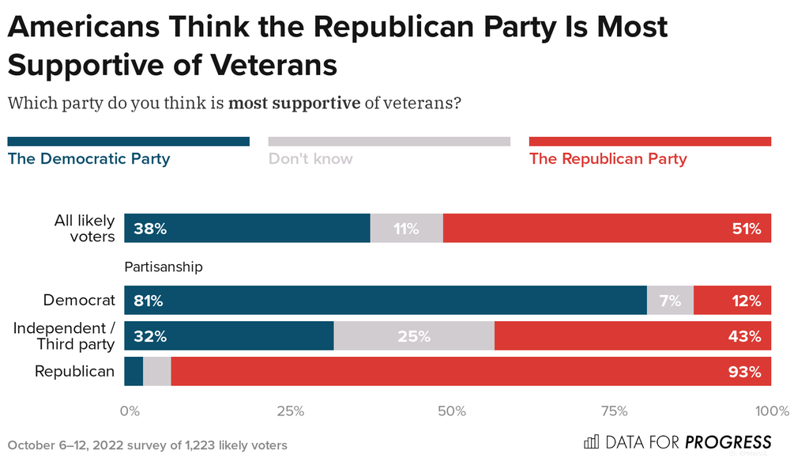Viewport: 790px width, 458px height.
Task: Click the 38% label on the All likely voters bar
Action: click(149, 229)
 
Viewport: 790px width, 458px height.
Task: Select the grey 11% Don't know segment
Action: click(406, 229)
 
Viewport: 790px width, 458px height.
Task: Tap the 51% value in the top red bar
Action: click(745, 229)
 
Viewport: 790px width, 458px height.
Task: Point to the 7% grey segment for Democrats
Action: click(670, 301)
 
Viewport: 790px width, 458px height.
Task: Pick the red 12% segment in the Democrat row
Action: click(732, 301)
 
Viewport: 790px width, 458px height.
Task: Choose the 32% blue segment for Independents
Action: click(229, 336)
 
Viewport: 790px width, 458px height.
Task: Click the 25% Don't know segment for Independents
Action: click(414, 336)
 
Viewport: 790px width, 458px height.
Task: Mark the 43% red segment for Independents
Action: click(632, 336)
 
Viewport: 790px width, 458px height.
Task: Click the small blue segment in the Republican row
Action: click(134, 372)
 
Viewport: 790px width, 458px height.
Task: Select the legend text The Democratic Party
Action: click(88, 159)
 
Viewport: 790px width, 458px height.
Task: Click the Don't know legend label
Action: click(310, 159)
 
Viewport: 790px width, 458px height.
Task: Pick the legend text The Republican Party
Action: click(608, 159)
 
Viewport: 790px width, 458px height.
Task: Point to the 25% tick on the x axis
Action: click(290, 411)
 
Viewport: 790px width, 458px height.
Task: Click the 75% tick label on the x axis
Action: click(614, 411)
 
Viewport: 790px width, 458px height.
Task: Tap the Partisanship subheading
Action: click(164, 267)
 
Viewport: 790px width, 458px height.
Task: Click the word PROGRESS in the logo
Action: click(728, 442)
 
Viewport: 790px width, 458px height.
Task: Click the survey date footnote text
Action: click(147, 445)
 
